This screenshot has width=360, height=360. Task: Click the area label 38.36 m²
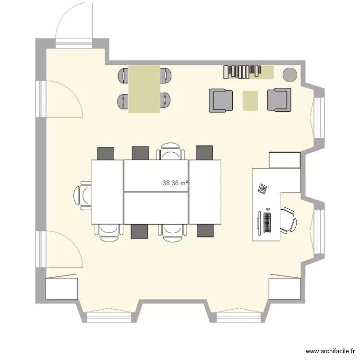(x=175, y=183)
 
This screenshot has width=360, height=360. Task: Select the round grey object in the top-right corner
(x=289, y=74)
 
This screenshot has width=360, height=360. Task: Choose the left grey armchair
(x=221, y=100)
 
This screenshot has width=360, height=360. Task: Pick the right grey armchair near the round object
(x=279, y=100)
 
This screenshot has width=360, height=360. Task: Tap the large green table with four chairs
(x=144, y=89)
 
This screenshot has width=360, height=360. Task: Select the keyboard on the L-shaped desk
(x=266, y=222)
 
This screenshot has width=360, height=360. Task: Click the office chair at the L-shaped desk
(x=288, y=220)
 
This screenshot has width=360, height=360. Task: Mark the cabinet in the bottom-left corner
(x=61, y=288)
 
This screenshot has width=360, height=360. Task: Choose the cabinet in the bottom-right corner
(x=284, y=288)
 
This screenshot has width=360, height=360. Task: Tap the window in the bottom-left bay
(x=108, y=317)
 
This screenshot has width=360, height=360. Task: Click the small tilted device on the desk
(x=262, y=188)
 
